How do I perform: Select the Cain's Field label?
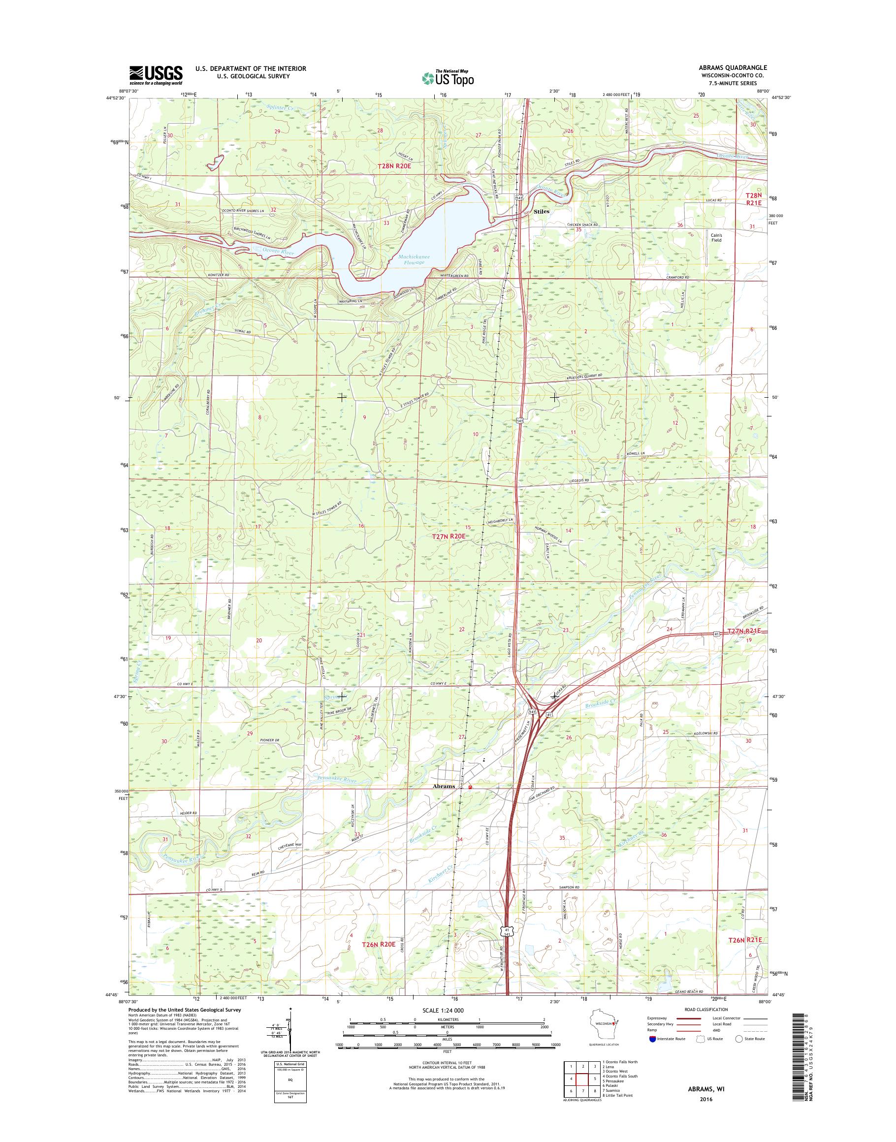tap(716, 238)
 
